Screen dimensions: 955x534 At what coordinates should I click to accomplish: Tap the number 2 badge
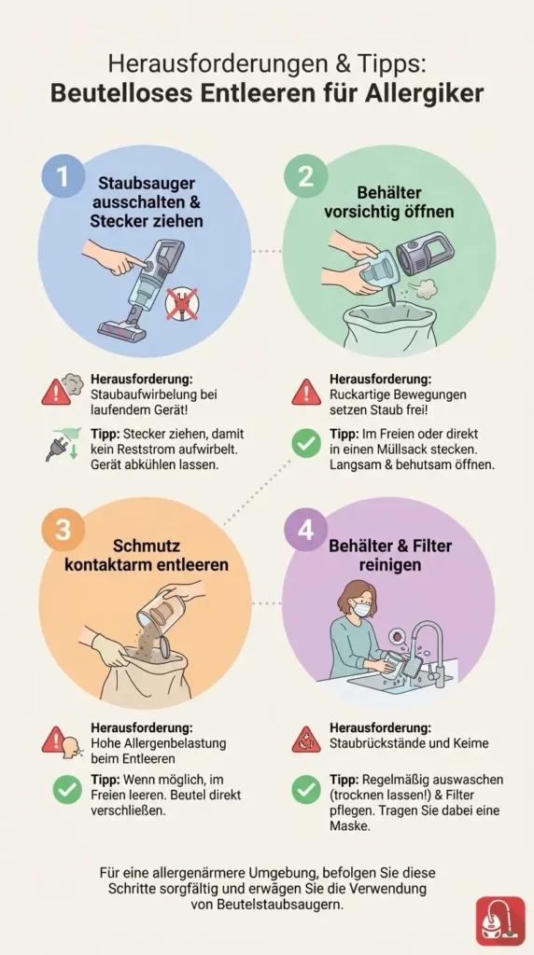[304, 176]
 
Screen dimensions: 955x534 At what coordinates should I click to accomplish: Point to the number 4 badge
[304, 530]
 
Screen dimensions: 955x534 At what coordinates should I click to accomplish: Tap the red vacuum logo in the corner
[500, 920]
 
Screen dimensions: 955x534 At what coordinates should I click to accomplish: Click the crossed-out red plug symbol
[182, 303]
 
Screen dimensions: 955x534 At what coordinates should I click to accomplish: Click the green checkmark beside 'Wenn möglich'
[65, 791]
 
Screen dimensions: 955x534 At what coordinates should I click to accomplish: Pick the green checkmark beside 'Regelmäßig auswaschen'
[306, 790]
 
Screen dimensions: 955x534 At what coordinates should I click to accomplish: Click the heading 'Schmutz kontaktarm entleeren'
[147, 554]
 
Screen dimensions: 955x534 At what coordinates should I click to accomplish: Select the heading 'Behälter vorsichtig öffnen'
[388, 200]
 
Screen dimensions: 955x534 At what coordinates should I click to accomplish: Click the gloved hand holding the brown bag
[108, 649]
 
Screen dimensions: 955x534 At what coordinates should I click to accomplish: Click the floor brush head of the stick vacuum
[125, 328]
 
